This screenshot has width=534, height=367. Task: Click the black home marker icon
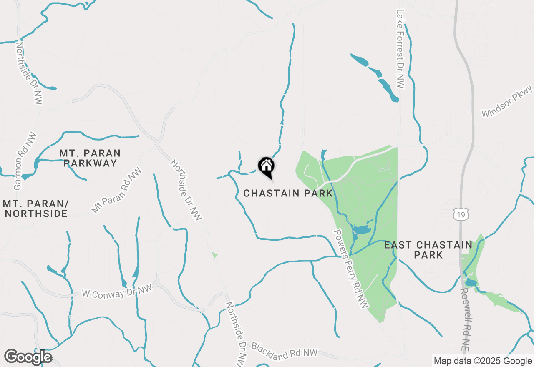click(266, 167)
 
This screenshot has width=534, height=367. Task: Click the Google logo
click(28, 357)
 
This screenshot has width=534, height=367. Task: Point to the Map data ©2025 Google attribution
click(483, 361)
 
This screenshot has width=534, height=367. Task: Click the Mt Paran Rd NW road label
click(117, 191)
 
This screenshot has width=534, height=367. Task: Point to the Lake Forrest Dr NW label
click(400, 49)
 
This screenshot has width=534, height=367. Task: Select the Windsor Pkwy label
click(506, 101)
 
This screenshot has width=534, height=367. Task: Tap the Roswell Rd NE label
click(466, 319)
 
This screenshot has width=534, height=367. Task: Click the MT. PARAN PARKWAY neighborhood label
click(90, 158)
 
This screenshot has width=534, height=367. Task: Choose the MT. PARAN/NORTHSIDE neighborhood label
click(35, 209)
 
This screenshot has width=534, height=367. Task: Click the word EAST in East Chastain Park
click(400, 245)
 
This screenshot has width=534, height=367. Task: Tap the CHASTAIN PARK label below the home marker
click(288, 193)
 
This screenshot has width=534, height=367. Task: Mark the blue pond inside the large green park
click(361, 229)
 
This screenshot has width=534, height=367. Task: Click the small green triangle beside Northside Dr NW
click(214, 254)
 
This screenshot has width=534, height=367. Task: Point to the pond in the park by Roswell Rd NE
click(471, 283)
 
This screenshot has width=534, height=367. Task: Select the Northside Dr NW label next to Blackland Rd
click(235, 334)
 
